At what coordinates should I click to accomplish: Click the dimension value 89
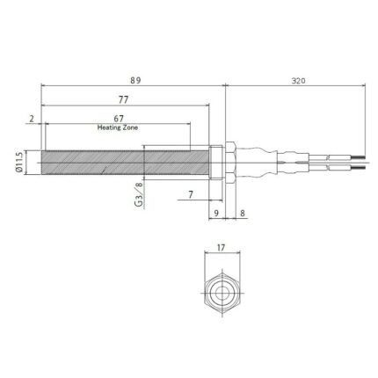pyautogui.click(x=134, y=80)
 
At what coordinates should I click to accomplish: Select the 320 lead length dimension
pyautogui.click(x=297, y=80)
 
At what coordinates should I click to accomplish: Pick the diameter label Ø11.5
pyautogui.click(x=19, y=163)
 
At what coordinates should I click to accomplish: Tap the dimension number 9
pyautogui.click(x=215, y=213)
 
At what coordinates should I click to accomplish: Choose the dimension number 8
pyautogui.click(x=242, y=213)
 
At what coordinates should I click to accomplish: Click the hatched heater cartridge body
pyautogui.click(x=123, y=163)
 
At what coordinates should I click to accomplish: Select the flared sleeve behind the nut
pyautogui.click(x=253, y=163)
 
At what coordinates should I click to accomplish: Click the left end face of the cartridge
pyautogui.click(x=42, y=163)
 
